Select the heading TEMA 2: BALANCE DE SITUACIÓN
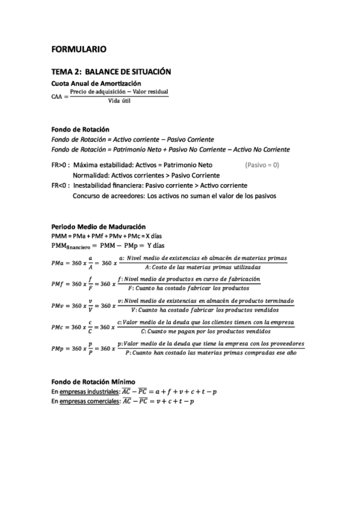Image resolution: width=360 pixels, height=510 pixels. click(x=111, y=72)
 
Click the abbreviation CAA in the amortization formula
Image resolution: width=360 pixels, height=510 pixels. click(x=58, y=96)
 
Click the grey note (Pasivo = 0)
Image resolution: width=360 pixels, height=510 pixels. click(x=262, y=164)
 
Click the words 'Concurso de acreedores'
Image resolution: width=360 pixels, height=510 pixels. click(x=109, y=196)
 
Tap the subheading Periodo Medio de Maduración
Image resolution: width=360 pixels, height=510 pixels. click(x=99, y=227)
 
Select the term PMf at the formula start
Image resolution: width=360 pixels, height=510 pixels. click(x=60, y=284)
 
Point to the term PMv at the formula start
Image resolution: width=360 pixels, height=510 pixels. click(x=60, y=306)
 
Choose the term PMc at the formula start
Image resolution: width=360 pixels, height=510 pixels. click(x=60, y=327)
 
